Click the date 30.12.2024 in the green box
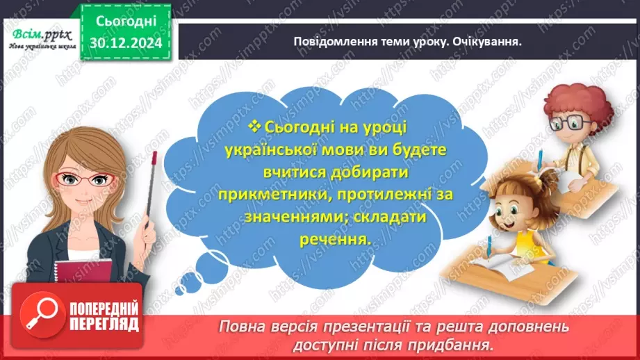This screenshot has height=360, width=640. (126, 42)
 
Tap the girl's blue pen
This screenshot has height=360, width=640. (490, 245)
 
